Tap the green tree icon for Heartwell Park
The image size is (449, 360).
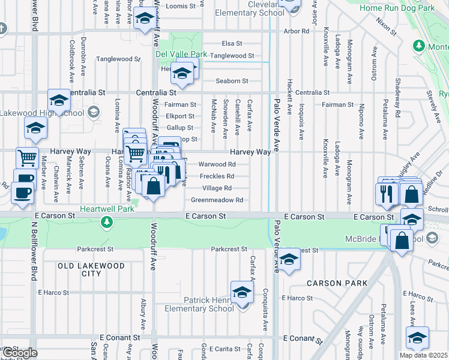[x=107, y=223]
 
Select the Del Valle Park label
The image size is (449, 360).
[x=181, y=55]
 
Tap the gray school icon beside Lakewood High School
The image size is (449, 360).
[x=93, y=112]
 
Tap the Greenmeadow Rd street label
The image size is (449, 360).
[x=217, y=200]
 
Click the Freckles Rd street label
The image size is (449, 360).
[x=216, y=176]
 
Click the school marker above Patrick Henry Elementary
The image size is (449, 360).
[x=243, y=291]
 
